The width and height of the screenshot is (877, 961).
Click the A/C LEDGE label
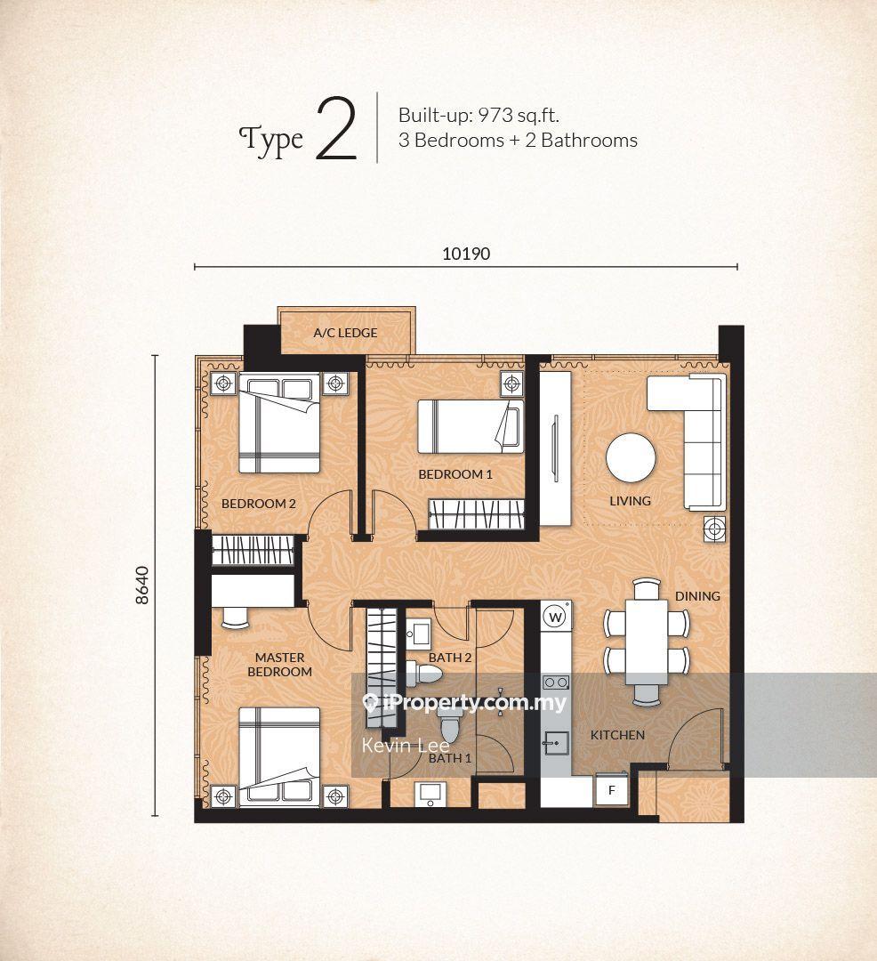[345, 333]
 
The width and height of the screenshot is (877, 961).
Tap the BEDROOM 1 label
[455, 473]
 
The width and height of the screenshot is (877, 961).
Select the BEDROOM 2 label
[259, 504]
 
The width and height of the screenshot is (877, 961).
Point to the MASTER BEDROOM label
[280, 665]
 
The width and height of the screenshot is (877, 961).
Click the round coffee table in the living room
[631, 458]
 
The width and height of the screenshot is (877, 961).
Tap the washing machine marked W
[556, 617]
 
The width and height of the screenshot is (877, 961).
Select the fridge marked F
[611, 791]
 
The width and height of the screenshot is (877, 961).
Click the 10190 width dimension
[466, 254]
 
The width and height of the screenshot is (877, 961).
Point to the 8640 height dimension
[142, 585]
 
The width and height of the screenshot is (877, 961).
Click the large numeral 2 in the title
[336, 129]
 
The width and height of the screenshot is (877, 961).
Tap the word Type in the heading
[270, 141]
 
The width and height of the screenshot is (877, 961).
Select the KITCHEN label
[617, 735]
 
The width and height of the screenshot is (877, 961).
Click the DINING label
[697, 595]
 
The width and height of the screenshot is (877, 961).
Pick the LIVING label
[631, 501]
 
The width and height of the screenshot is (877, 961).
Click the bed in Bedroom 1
[471, 426]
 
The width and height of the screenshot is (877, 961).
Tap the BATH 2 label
[449, 658]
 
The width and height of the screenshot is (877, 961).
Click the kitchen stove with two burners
[556, 682]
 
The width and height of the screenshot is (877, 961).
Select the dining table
[647, 642]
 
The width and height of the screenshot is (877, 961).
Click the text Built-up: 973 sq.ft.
[479, 115]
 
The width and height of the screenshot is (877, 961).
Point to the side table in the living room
[714, 529]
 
